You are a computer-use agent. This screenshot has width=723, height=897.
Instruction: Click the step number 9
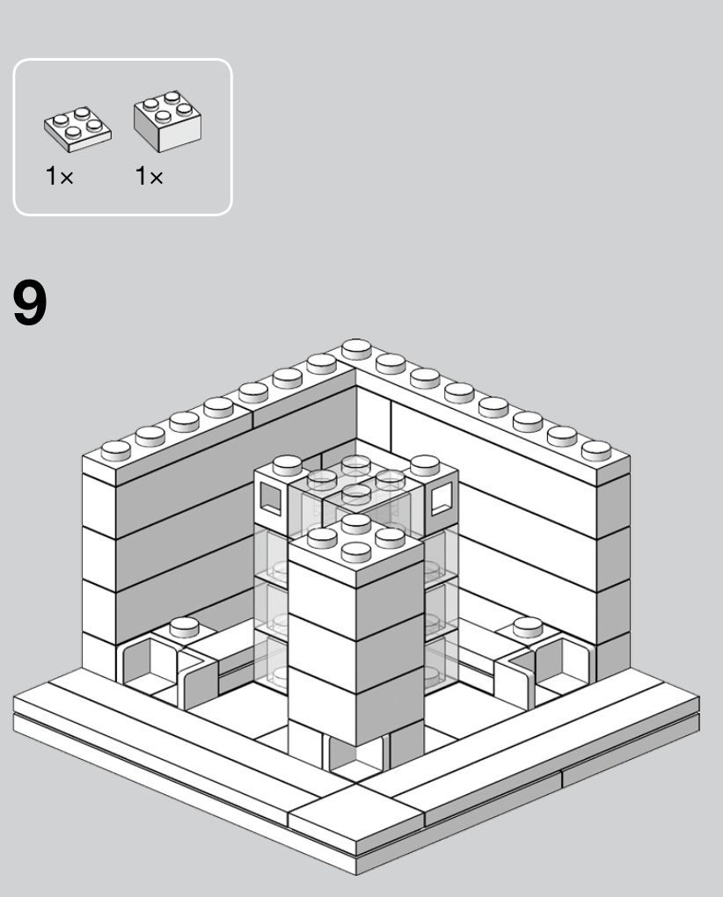tap(30, 303)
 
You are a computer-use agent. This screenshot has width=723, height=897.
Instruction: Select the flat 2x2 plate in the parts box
tap(77, 129)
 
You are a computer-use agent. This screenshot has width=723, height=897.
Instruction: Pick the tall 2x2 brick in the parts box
tap(168, 120)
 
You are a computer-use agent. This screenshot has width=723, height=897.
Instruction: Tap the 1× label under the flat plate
tap(60, 176)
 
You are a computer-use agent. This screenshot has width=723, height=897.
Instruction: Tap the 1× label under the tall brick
tap(150, 176)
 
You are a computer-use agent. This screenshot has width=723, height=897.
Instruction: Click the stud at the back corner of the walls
tap(356, 349)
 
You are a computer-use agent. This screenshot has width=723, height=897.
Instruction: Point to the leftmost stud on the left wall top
tap(116, 450)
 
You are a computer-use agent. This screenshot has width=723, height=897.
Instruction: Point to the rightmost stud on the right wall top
tap(596, 450)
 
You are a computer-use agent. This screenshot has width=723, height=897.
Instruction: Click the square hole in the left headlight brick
tap(271, 498)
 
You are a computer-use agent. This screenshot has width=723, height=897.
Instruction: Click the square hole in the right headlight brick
tap(442, 498)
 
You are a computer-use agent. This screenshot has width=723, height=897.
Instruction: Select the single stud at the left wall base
tap(184, 627)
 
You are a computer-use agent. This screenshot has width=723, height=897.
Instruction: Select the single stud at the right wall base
tap(528, 627)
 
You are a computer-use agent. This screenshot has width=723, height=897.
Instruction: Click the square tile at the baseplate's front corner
tap(355, 813)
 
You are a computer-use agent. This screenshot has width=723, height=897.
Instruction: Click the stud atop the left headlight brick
tap(287, 465)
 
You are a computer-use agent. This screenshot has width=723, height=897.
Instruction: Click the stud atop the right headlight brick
tap(425, 465)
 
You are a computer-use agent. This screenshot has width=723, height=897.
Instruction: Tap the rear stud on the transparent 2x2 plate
tap(355, 465)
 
